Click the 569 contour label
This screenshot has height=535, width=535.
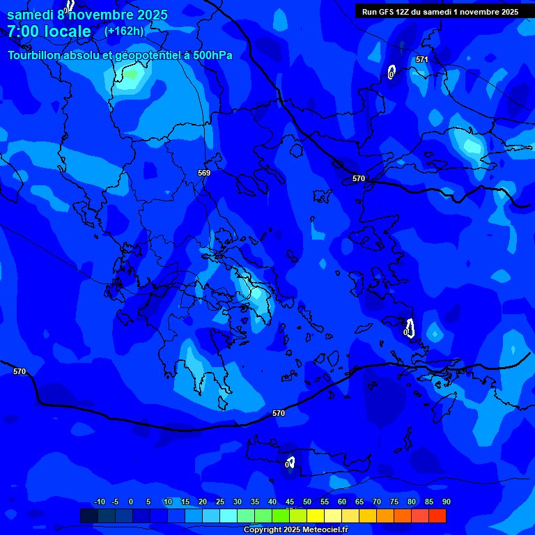(204, 173)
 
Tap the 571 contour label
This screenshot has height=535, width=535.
(421, 60)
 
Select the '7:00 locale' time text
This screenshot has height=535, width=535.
(49, 31)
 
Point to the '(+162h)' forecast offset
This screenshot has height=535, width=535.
(124, 31)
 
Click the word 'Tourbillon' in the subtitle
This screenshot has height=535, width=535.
(34, 56)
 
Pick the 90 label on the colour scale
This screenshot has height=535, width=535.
(446, 502)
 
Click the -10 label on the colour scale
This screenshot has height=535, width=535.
(99, 502)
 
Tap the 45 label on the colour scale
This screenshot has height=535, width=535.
(290, 502)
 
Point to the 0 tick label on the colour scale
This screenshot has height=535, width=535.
(131, 502)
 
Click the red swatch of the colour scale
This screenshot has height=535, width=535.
(437, 515)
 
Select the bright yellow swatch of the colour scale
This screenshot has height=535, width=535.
(316, 515)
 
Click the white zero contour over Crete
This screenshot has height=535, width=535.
(290, 462)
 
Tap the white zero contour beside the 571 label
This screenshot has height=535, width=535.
(391, 72)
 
